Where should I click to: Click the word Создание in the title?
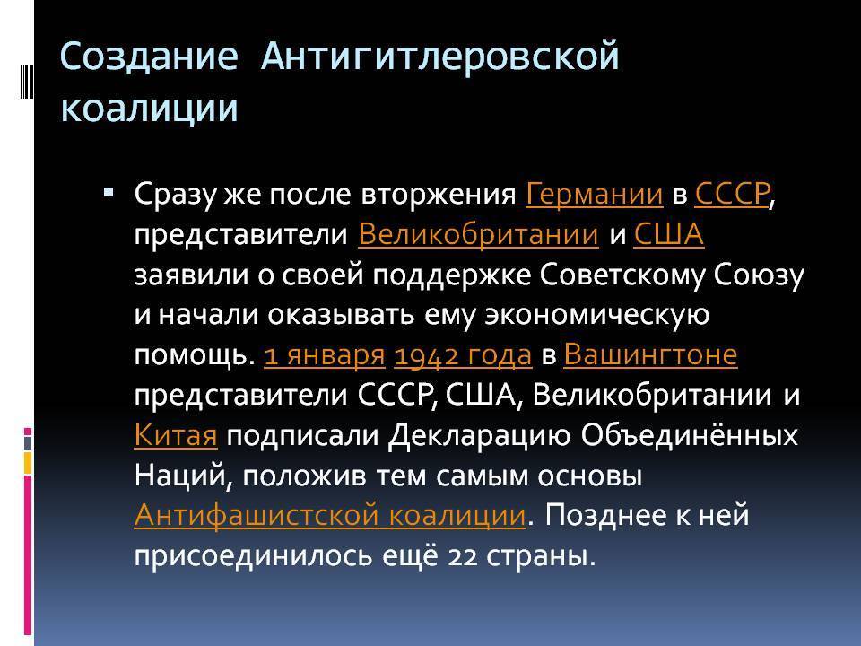click(x=149, y=57)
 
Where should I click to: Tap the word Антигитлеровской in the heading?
click(x=440, y=57)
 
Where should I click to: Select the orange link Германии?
click(x=594, y=194)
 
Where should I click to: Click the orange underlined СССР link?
click(x=732, y=194)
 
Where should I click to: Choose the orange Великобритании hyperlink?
click(x=478, y=234)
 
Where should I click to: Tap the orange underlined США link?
click(x=669, y=234)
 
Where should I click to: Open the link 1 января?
click(x=325, y=355)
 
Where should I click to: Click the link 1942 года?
click(x=463, y=355)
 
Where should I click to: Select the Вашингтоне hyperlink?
click(x=650, y=355)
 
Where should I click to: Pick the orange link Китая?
click(x=176, y=435)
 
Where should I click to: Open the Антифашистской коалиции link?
click(x=330, y=515)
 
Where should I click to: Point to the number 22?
click(x=463, y=556)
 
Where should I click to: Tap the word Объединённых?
click(x=689, y=435)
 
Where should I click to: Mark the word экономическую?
click(x=597, y=315)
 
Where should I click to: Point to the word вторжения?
click(x=439, y=195)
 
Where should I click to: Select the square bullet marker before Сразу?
click(x=109, y=192)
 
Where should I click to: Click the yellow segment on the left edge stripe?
click(x=28, y=463)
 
